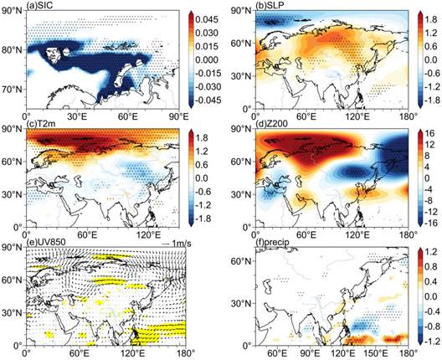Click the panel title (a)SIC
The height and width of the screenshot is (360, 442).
tap(39, 5)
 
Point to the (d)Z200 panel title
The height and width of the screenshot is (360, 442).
tap(271, 124)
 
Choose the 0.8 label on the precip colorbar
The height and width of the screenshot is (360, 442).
tap(432, 267)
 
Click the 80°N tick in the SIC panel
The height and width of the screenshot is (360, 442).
tap(13, 50)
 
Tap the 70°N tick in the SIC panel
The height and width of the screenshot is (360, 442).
tap(13, 90)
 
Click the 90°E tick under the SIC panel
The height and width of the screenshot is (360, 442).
tap(178, 116)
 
